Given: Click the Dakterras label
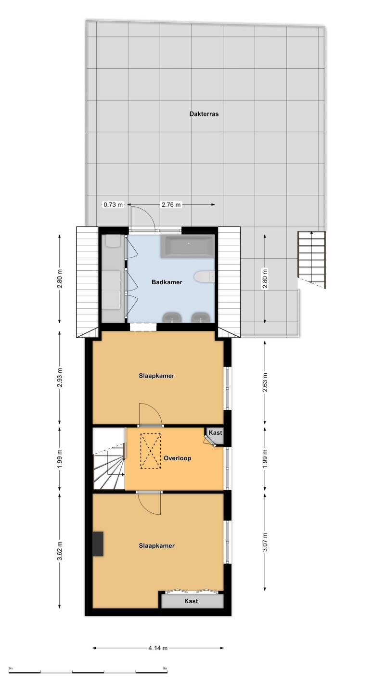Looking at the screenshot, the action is pos(204,114).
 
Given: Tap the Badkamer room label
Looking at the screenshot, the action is pos(167,282).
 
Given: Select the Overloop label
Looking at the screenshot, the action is pos(177,458).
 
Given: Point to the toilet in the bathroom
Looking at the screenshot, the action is pos(204,277).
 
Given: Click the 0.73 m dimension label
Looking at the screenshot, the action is pos(113,204).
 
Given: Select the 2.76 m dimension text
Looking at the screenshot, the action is pos(171,204).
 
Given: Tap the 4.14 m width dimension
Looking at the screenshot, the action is pos(158,648).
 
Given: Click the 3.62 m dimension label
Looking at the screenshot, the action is pos(60,551).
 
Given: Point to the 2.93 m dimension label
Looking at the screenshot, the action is pos(60,378).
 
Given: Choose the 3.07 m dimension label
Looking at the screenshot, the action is pos(265,542).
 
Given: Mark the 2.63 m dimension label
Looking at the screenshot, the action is pos(265,383).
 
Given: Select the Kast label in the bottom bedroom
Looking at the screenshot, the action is pos(191,601).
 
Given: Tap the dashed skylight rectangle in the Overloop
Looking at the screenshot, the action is pos(150,452).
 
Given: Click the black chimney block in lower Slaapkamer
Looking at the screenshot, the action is pos(98,544).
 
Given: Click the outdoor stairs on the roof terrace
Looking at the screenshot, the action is pos(312,260).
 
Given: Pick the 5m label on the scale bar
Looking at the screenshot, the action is pos(165,669).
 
